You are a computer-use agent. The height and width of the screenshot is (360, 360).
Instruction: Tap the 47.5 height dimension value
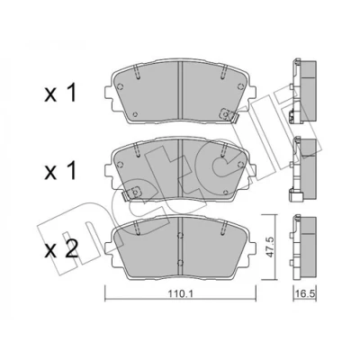[x=269, y=247]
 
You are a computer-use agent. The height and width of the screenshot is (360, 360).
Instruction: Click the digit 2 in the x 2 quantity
[x=71, y=249]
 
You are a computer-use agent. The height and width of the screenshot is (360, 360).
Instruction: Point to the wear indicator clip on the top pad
[x=229, y=115]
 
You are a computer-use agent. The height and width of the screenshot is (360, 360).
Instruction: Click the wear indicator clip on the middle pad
[x=131, y=193]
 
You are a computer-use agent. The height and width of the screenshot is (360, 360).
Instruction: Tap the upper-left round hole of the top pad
[x=120, y=86]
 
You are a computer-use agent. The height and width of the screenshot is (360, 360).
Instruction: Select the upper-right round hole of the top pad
[x=240, y=86]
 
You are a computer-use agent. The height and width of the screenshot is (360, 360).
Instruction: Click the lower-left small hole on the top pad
[x=135, y=114]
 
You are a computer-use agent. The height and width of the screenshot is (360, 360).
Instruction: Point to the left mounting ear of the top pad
[x=109, y=94]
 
